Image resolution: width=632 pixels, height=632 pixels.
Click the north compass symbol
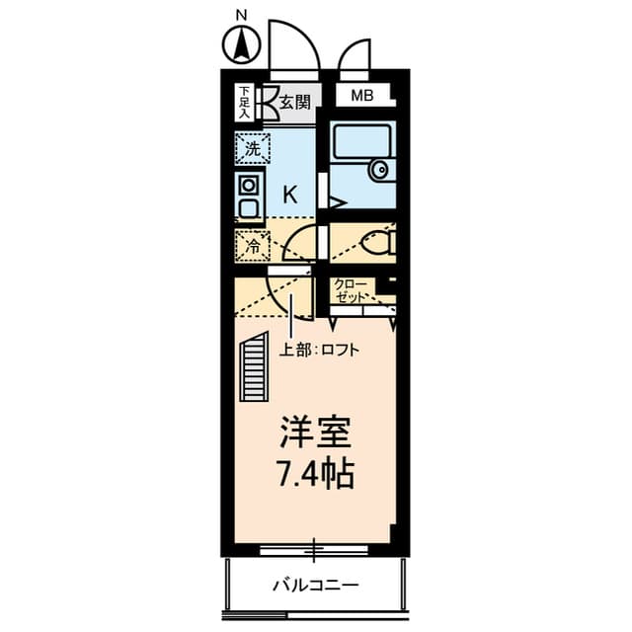click(x=240, y=44)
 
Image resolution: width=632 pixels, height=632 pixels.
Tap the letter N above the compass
click(x=240, y=14)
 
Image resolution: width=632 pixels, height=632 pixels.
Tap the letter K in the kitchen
click(x=290, y=195)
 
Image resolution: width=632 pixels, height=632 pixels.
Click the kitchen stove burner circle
click(x=248, y=185)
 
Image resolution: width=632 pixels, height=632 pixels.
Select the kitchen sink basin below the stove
click(x=248, y=207)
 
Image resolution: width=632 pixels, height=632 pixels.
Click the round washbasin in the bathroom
click(x=381, y=170)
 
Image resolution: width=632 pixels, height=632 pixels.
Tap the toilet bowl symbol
click(x=376, y=240)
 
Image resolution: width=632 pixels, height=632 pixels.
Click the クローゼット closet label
click(x=352, y=289)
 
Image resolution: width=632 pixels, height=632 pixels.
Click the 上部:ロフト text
click(x=318, y=349)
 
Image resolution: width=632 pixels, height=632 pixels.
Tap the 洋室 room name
click(x=314, y=434)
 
